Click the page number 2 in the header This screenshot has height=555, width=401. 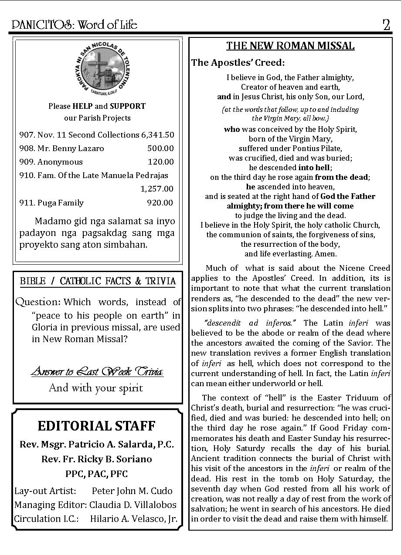click(386, 25)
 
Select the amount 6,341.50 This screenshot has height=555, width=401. click(157, 135)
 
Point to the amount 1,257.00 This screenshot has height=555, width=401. click(157, 189)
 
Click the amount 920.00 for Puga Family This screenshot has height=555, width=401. click(160, 202)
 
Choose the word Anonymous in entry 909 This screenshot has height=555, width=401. click(60, 162)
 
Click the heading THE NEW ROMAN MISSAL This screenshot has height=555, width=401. click(290, 46)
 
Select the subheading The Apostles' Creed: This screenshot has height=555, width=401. click(238, 63)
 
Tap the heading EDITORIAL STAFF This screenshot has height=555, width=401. click(96, 426)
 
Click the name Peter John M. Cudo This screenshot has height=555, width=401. click(132, 491)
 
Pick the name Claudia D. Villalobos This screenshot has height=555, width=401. click(133, 505)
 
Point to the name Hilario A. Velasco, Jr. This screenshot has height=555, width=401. click(133, 518)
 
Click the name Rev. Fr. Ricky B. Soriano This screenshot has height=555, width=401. click(97, 459)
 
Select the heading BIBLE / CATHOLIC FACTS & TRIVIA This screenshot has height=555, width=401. click(98, 281)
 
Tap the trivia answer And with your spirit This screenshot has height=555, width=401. click(96, 387)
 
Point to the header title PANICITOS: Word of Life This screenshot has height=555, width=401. click(75, 25)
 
